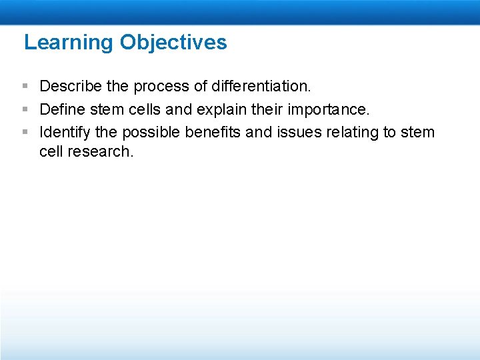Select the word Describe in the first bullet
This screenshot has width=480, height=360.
point(69,86)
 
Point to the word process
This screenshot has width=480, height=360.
point(161,86)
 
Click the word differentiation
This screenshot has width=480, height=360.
point(261,86)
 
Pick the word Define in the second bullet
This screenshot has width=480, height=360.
point(61,109)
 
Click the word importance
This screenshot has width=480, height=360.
point(331,109)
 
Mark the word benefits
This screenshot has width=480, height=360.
point(213,133)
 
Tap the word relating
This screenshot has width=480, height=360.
point(352,133)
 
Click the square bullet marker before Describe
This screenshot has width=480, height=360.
point(25,87)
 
